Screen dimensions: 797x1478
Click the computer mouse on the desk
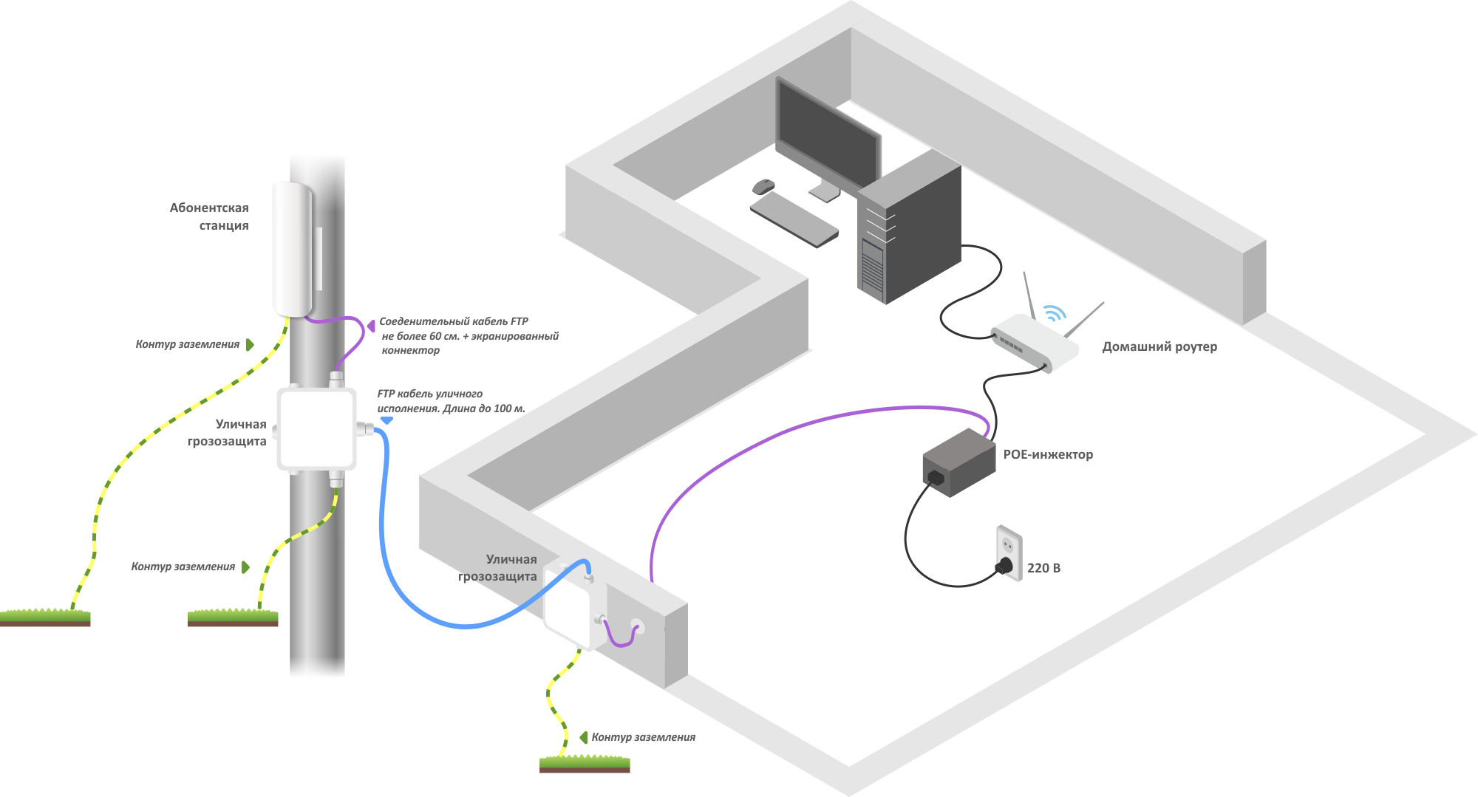tap(763, 186)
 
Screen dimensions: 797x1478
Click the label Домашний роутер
tap(1159, 346)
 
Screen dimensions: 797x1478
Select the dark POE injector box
tap(958, 463)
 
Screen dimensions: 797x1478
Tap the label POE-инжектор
tap(1047, 454)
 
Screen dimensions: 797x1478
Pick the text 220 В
tap(1043, 567)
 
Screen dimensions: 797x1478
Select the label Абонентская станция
tap(209, 216)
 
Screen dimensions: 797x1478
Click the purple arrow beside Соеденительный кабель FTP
tap(371, 324)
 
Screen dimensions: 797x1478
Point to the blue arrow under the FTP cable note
tap(386, 420)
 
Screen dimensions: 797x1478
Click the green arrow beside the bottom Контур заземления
tap(583, 737)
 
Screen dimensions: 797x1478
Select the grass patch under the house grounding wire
tap(585, 764)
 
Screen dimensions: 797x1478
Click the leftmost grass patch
tap(45, 618)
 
